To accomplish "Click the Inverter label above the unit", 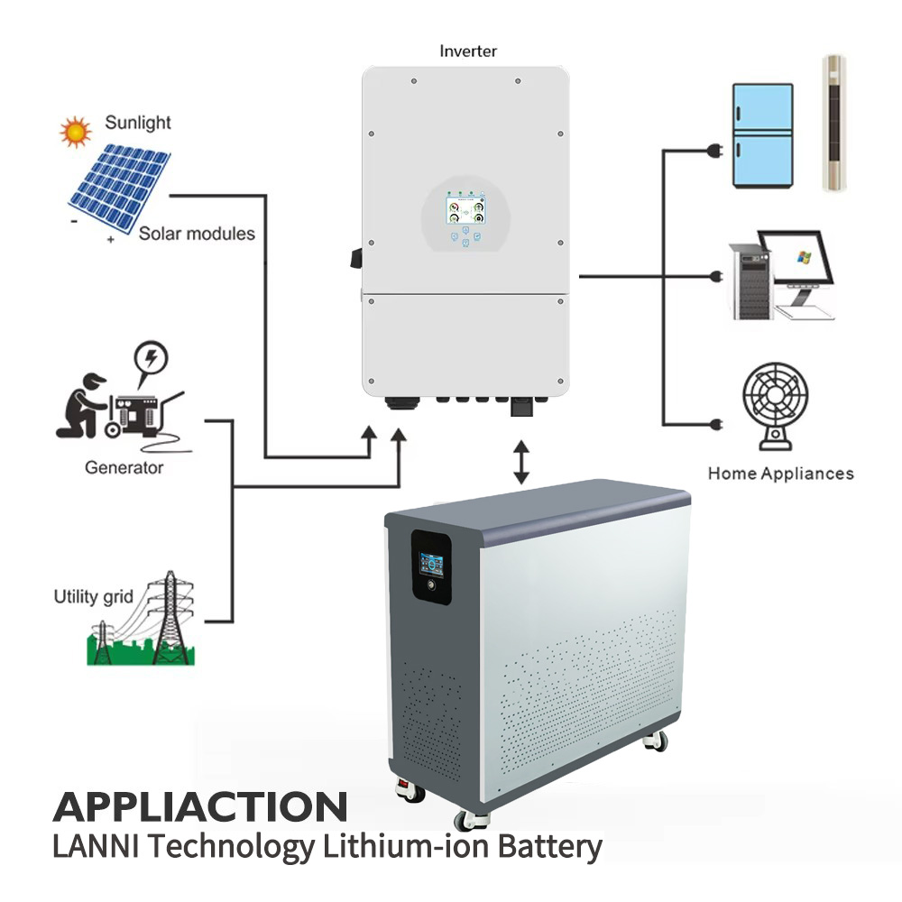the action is click(467, 51).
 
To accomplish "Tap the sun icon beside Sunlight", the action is click(76, 132).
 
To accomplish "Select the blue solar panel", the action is click(119, 187).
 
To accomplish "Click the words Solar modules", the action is click(197, 234).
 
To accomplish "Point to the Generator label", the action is click(124, 467).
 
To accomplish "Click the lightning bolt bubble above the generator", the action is click(151, 358).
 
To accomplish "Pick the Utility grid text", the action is click(93, 596).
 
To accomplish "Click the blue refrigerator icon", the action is click(763, 136).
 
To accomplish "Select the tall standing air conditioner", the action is click(833, 123).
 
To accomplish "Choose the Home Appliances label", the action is click(780, 474).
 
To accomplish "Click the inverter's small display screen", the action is click(465, 210).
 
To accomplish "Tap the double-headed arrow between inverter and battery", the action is click(521, 462).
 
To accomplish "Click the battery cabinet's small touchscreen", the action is click(431, 565).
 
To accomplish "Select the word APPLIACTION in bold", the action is click(200, 806).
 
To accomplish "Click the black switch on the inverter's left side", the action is click(356, 258).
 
